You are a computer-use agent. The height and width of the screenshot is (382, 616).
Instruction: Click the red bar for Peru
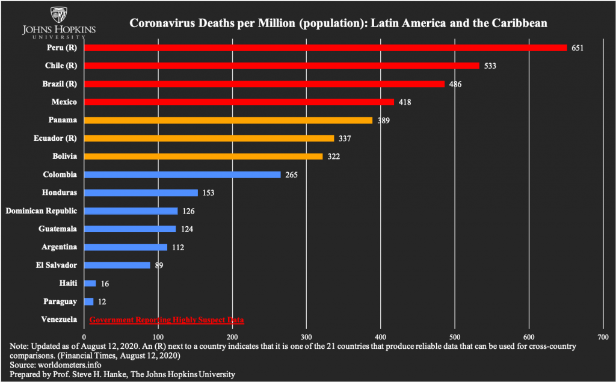pos(325,48)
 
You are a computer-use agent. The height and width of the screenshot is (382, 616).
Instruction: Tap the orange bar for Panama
pos(228,120)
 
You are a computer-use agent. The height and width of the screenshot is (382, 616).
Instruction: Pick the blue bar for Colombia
pos(182,174)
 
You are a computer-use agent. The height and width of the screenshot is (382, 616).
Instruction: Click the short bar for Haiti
pos(90,283)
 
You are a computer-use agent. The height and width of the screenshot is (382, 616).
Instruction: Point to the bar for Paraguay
pos(89,301)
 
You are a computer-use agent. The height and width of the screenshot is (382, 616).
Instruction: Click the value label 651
pos(577,48)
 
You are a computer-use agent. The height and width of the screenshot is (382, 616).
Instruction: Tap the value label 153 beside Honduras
pos(209,193)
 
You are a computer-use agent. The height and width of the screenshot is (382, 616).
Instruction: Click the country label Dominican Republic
pos(41,211)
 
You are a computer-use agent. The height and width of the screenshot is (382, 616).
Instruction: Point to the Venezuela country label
pos(59,319)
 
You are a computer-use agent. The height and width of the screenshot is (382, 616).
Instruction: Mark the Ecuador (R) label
pos(55,138)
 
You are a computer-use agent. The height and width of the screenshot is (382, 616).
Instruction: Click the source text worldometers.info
pos(69,365)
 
